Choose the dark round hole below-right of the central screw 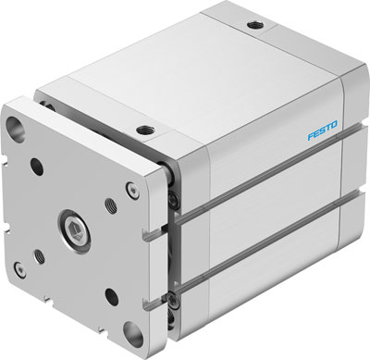pos(112,295)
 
